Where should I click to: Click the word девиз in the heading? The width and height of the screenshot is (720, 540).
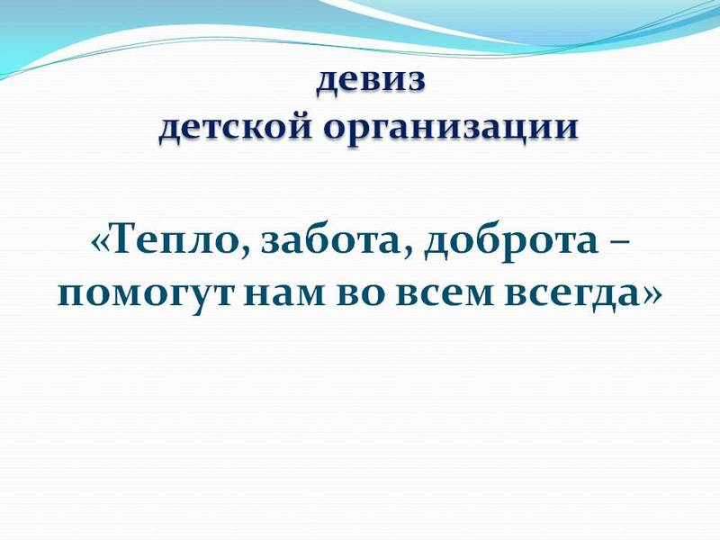click(x=370, y=81)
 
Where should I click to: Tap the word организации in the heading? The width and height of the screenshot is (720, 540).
click(x=449, y=129)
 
